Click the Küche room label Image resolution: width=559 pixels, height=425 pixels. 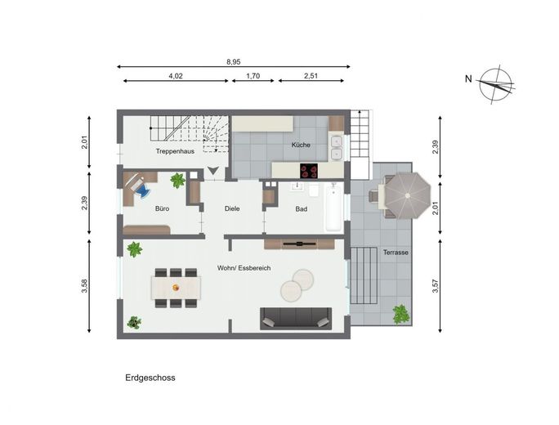pyautogui.click(x=301, y=145)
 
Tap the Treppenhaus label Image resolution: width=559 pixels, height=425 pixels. pyautogui.click(x=175, y=151)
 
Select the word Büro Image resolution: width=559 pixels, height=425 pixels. pyautogui.click(x=162, y=208)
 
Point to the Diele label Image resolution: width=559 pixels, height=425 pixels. pyautogui.click(x=232, y=208)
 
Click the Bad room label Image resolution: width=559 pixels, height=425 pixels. pyautogui.click(x=302, y=209)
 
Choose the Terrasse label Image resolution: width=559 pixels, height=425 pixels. pyautogui.click(x=396, y=253)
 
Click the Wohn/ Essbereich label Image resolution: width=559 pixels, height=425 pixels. pyautogui.click(x=244, y=268)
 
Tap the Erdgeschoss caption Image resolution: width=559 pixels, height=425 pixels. pyautogui.click(x=150, y=378)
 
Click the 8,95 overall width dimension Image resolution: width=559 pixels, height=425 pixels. pyautogui.click(x=234, y=61)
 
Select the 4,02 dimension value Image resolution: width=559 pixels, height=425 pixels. pyautogui.click(x=176, y=75)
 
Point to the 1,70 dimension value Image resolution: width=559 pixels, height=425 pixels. pyautogui.click(x=253, y=75)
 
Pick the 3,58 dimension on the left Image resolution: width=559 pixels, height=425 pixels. pyautogui.click(x=84, y=285)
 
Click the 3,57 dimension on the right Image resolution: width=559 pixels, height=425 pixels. pyautogui.click(x=436, y=286)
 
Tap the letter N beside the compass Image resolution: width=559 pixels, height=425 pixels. pyautogui.click(x=468, y=78)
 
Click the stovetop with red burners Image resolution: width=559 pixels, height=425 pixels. pyautogui.click(x=308, y=171)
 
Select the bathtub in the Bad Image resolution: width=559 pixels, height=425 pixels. pyautogui.click(x=333, y=207)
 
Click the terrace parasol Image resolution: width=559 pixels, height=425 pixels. pyautogui.click(x=408, y=195)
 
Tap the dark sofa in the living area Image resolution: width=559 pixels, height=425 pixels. pyautogui.click(x=296, y=319)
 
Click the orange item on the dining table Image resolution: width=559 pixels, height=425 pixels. pyautogui.click(x=176, y=287)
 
